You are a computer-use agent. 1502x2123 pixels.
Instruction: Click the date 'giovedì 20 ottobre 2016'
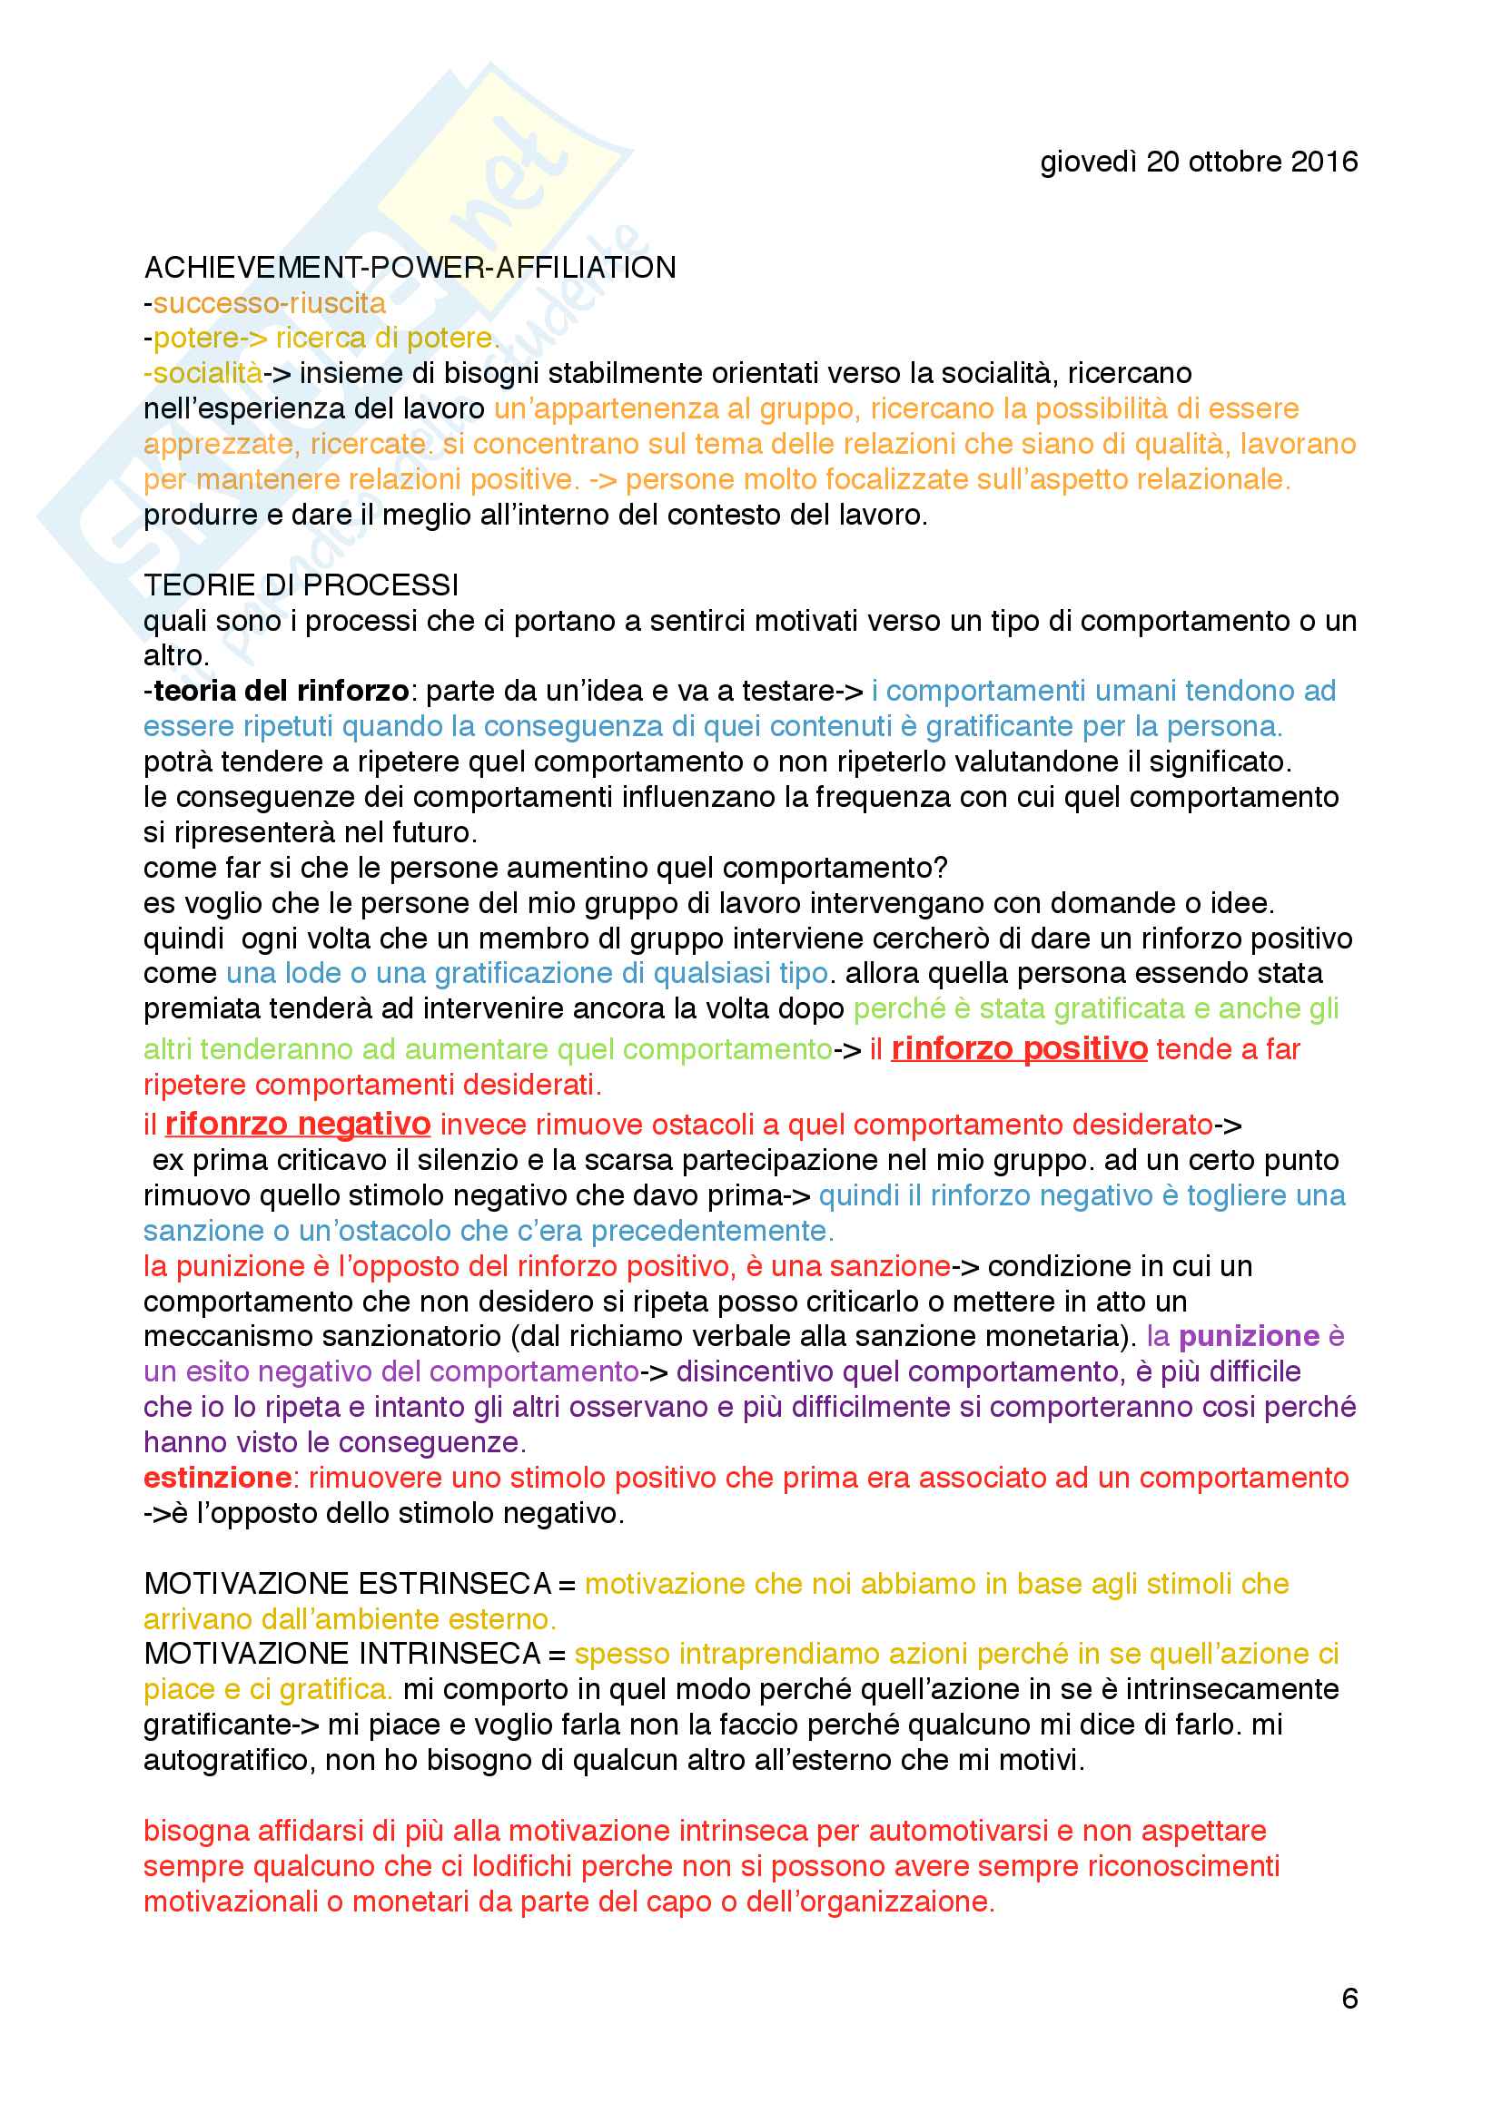[1198, 162]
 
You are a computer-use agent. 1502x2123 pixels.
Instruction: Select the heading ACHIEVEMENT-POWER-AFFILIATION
[410, 267]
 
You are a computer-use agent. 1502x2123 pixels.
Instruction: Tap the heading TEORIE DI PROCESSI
[301, 585]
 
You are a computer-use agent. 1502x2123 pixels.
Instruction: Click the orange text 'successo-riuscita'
[269, 302]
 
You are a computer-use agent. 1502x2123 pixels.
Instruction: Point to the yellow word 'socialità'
[207, 373]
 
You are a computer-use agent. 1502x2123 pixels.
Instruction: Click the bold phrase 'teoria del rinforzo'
[281, 690]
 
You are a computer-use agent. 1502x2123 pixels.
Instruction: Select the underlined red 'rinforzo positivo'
[1018, 1048]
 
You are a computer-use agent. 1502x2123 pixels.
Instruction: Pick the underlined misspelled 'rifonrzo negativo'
[297, 1124]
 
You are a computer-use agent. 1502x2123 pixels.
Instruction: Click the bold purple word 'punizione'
[1248, 1336]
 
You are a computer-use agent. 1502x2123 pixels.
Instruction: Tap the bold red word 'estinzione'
[217, 1478]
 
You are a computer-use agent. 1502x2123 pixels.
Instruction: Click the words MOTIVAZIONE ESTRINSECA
[348, 1584]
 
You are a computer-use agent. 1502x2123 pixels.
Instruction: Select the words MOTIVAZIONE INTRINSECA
[342, 1655]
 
